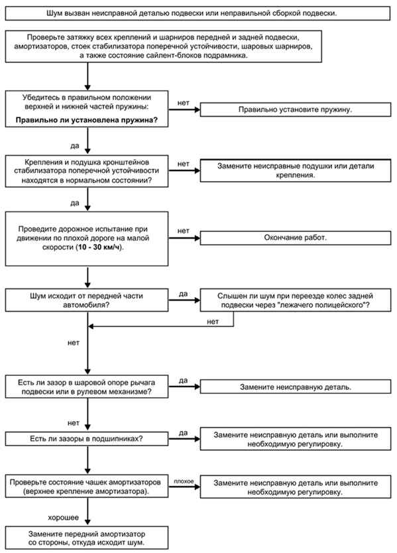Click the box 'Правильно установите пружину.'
[x=296, y=109]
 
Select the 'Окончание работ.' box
[x=296, y=237]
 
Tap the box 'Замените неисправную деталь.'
[x=296, y=387]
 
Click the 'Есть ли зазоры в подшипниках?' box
[x=87, y=439]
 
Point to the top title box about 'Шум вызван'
[x=198, y=13]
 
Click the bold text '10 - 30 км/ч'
[x=100, y=247]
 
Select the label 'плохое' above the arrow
[x=184, y=481]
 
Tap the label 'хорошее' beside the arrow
[x=64, y=517]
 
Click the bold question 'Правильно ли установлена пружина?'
[x=87, y=120]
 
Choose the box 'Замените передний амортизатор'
[x=87, y=538]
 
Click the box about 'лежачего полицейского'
[x=296, y=300]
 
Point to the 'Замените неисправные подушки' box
[x=296, y=170]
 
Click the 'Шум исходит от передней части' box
[x=87, y=300]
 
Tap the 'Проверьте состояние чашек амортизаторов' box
[x=87, y=486]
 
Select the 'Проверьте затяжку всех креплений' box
[x=164, y=46]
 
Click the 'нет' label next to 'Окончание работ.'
[x=184, y=231]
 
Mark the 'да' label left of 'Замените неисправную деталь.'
[x=183, y=381]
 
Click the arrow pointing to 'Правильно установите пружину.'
[x=184, y=109]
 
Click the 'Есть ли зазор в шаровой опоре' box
[x=87, y=387]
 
